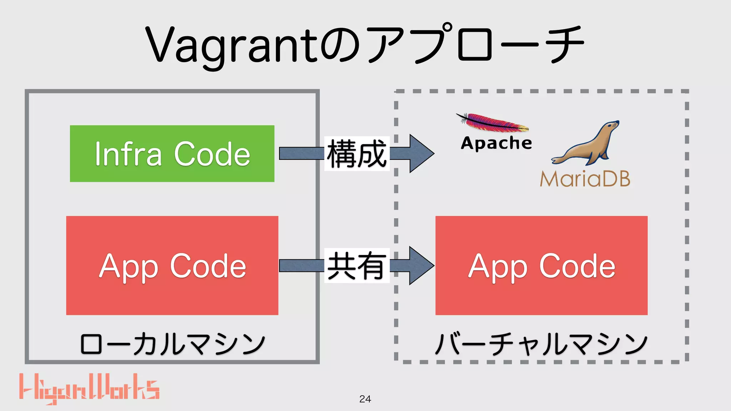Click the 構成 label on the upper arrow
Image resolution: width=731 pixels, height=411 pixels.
pyautogui.click(x=357, y=154)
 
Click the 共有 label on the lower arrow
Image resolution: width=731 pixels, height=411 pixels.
pyautogui.click(x=357, y=266)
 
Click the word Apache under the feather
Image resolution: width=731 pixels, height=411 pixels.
pyautogui.click(x=496, y=143)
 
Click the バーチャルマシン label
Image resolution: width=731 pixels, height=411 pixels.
pyautogui.click(x=541, y=344)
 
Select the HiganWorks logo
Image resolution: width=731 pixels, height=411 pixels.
pyautogui.click(x=89, y=388)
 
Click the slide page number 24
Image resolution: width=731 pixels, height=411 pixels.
pyautogui.click(x=365, y=399)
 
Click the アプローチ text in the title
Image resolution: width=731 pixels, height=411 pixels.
pyautogui.click(x=475, y=45)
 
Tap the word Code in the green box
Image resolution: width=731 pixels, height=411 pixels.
pyautogui.click(x=212, y=154)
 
